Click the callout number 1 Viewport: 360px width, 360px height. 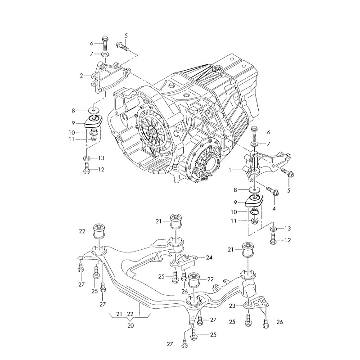pos(230,171)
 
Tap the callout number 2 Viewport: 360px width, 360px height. pos(82,76)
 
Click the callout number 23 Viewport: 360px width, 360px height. pos(232,306)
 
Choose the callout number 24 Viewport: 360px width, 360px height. pos(209,258)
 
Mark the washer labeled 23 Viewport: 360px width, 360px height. pos(248,306)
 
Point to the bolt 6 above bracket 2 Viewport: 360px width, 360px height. pos(105,43)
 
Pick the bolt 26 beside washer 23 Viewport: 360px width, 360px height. pos(266,322)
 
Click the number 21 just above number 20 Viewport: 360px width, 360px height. pos(119,314)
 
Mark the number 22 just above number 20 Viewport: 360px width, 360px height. pos(130,314)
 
